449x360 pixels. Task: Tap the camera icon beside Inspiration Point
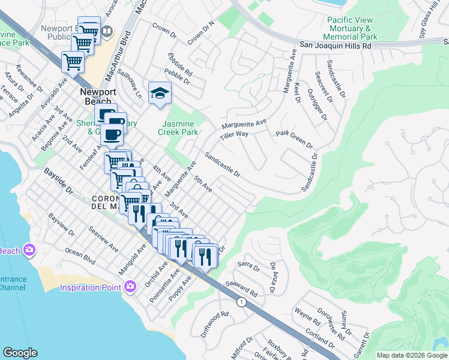(130, 287)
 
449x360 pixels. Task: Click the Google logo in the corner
(20, 353)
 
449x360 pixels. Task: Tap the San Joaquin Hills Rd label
(335, 46)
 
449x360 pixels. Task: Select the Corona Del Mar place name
(107, 203)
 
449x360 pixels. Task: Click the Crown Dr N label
(200, 34)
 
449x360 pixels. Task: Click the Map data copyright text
(411, 355)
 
